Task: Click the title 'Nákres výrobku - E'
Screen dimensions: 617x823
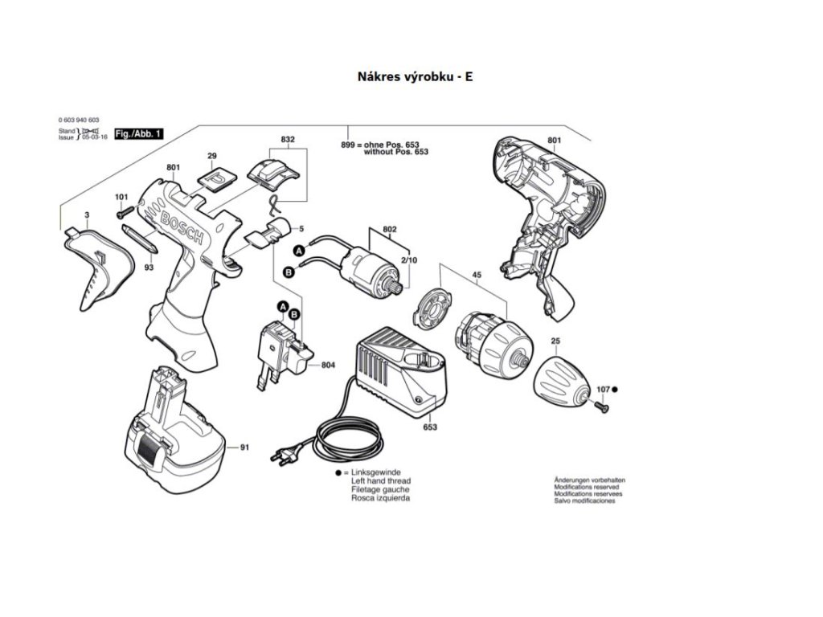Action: click(411, 77)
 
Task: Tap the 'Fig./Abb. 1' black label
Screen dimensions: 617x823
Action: click(138, 133)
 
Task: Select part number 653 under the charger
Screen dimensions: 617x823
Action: click(430, 427)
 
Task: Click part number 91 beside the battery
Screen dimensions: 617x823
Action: click(244, 447)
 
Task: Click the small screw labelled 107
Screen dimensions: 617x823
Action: click(599, 407)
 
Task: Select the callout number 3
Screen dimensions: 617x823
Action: click(86, 216)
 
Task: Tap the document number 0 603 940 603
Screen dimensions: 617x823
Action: click(79, 120)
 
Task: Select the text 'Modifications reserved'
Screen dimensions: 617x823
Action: click(586, 487)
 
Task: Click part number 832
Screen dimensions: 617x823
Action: click(287, 140)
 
